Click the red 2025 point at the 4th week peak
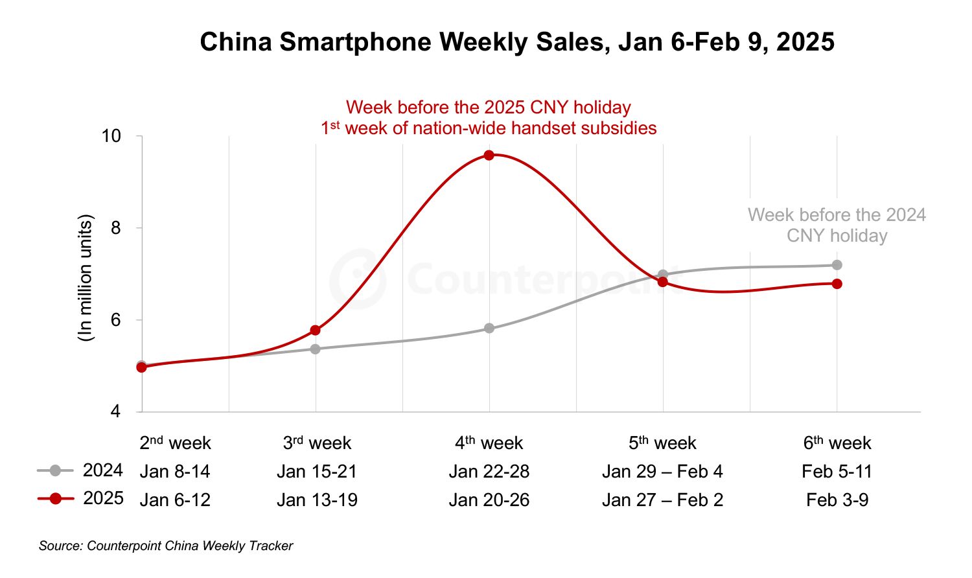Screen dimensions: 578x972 [489, 155]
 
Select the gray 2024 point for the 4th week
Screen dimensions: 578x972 [489, 329]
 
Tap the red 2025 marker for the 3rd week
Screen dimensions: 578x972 [315, 330]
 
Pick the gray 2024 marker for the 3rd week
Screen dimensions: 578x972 [315, 349]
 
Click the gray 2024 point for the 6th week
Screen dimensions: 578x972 [837, 265]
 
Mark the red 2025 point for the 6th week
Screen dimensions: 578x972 [837, 284]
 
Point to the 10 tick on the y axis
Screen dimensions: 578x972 [111, 136]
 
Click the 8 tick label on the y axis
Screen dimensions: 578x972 [115, 228]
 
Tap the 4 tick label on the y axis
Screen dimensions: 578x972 [115, 412]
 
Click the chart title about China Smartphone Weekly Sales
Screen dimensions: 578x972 [517, 42]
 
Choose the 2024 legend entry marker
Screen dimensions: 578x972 [55, 470]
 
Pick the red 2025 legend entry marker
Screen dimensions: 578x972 [55, 498]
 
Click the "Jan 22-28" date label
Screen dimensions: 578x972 [489, 471]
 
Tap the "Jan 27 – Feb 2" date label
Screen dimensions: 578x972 [662, 500]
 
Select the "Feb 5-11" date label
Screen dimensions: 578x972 [837, 471]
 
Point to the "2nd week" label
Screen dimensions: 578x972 [175, 443]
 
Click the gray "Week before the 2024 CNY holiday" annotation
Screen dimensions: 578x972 [837, 225]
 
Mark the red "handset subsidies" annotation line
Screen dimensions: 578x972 [489, 128]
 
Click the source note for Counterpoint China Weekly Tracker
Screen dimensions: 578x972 [166, 546]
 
